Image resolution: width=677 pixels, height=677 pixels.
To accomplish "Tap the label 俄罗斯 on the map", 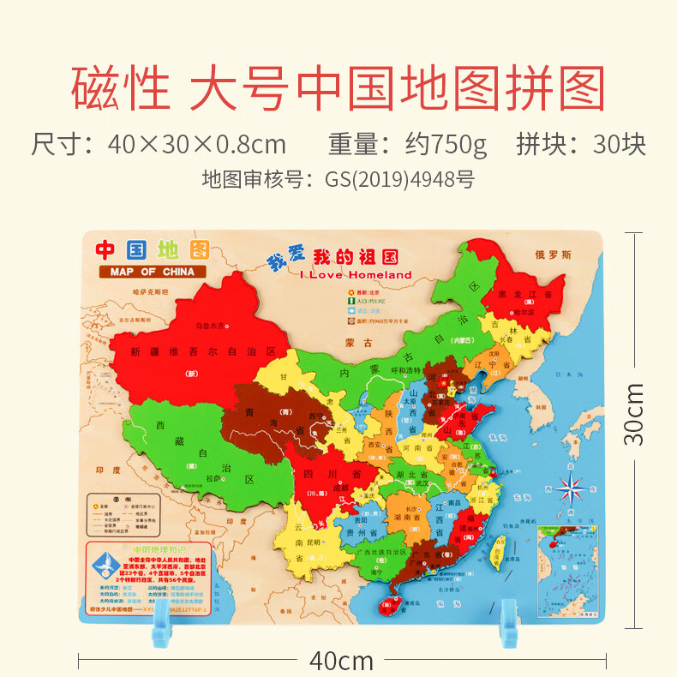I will click(552, 254).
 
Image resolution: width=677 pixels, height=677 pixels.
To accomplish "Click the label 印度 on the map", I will click(107, 470).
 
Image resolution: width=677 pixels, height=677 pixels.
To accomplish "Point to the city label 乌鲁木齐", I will click(213, 326).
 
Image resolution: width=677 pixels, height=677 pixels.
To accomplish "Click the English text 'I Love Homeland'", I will click(356, 275).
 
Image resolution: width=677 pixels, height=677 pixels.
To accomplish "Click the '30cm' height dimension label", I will click(634, 413).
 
